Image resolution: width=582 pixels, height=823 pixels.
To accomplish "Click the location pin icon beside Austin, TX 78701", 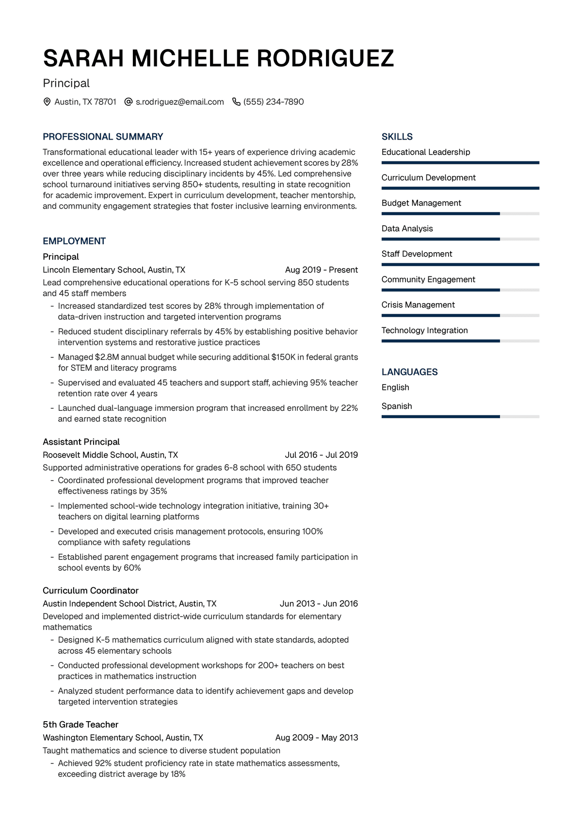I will (x=47, y=102).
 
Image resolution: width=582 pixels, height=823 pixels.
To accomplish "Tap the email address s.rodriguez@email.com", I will (x=179, y=102).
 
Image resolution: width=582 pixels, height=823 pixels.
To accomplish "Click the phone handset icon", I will (x=236, y=102).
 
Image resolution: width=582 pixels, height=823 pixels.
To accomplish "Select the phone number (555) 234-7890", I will (x=274, y=102).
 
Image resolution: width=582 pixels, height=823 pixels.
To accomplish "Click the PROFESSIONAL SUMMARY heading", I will (x=103, y=137).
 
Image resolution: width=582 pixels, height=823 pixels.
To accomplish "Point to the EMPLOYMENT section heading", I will (x=74, y=241).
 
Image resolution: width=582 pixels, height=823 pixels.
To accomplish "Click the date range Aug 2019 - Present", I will (x=321, y=270).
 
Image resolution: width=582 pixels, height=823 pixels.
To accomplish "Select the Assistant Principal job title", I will (x=81, y=442).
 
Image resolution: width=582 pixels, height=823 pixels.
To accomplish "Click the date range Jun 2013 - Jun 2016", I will (x=319, y=604).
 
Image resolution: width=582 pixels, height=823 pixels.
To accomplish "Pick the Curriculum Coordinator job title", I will (x=91, y=591).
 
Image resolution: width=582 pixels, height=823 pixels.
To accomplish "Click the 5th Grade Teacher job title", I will (x=81, y=725).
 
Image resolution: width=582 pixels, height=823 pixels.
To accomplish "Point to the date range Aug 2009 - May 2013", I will (x=316, y=738).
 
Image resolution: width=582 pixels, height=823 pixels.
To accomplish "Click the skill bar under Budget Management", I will (x=460, y=214).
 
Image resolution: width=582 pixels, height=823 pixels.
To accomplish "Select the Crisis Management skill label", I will (x=418, y=305).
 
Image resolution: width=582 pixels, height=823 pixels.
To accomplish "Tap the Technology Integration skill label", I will (x=424, y=330).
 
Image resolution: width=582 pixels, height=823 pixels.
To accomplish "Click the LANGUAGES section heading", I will (x=409, y=372).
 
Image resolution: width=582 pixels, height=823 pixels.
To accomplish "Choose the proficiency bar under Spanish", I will (x=460, y=417).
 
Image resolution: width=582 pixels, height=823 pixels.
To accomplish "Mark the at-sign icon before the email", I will (x=129, y=102).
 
